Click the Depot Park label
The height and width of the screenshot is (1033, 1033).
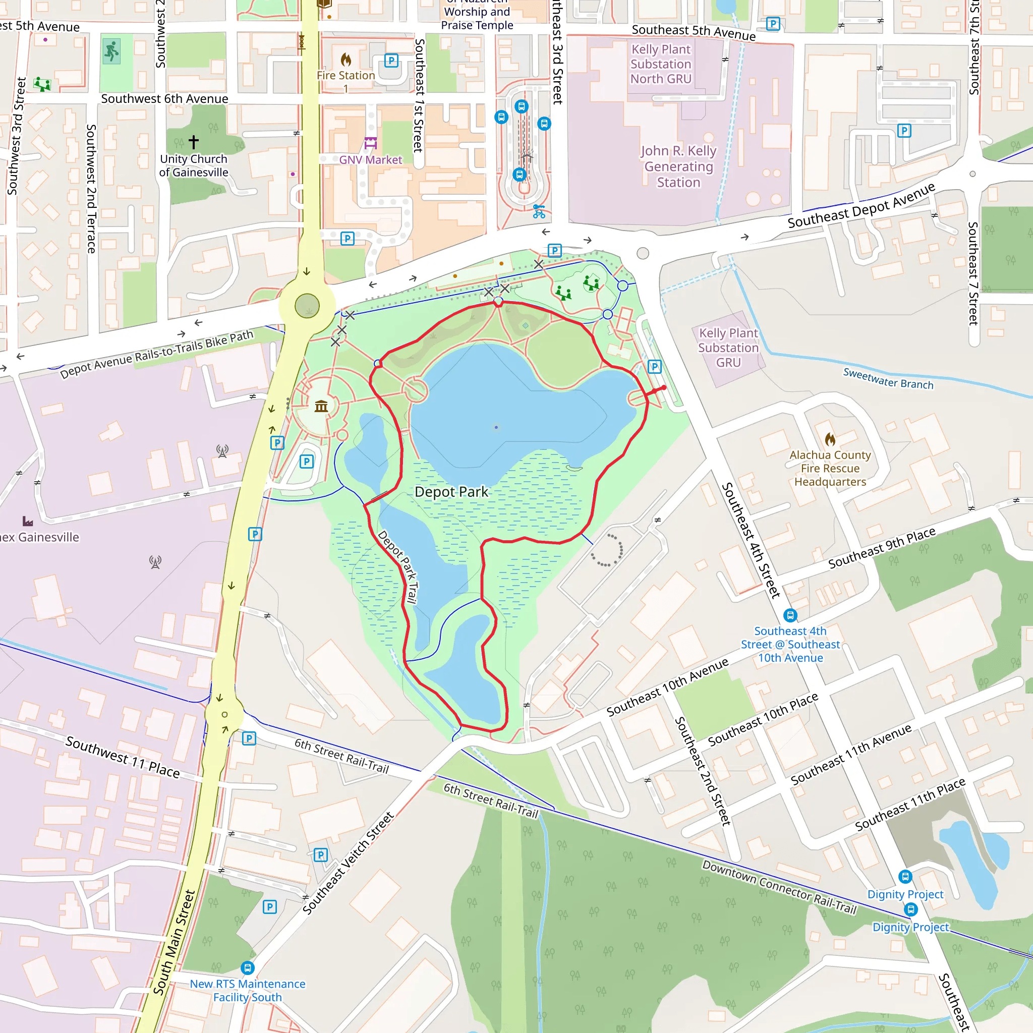pos(451,492)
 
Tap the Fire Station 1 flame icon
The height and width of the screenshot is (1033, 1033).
pos(346,59)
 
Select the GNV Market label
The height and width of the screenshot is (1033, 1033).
pos(370,160)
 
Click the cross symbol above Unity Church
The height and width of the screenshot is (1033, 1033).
pos(194,142)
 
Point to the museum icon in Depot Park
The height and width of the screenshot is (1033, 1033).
pos(321,407)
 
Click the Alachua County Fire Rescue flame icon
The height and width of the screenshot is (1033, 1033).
pos(830,439)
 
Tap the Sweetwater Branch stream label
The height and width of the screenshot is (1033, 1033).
pos(888,379)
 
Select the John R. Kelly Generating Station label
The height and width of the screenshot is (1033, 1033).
pos(678,166)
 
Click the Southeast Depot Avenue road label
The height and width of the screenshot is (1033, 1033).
pos(862,206)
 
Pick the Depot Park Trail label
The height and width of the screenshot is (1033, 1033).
pos(398,567)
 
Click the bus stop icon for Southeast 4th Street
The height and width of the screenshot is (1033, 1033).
pos(790,615)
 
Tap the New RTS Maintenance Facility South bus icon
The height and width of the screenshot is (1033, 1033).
pos(248,968)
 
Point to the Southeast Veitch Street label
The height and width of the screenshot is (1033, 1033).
pos(348,863)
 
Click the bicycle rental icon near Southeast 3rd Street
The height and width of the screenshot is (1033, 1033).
pos(539,212)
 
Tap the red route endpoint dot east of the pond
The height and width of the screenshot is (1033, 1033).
pos(664,388)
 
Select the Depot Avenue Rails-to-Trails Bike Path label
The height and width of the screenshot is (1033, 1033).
pos(156,355)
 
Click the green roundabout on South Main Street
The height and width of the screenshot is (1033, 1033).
pos(307,306)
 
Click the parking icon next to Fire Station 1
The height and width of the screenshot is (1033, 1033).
pos(391,61)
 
